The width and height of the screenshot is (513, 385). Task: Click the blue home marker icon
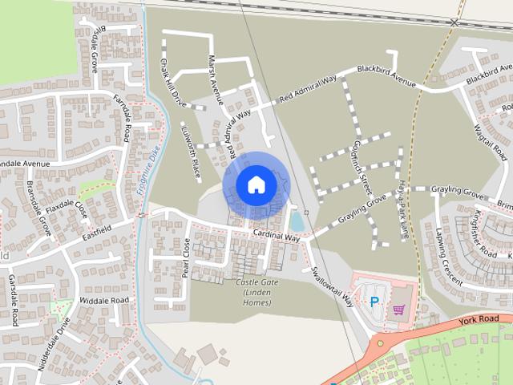point(256,184)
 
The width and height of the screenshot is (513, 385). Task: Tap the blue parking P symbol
point(374,302)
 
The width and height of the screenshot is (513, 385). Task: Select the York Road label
point(480,319)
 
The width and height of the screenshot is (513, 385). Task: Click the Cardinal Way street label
point(276,237)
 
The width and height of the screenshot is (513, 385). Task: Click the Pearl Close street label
point(185,257)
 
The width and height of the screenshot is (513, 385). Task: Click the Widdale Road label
point(104,300)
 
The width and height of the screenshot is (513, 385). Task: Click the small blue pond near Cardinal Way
point(297,221)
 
